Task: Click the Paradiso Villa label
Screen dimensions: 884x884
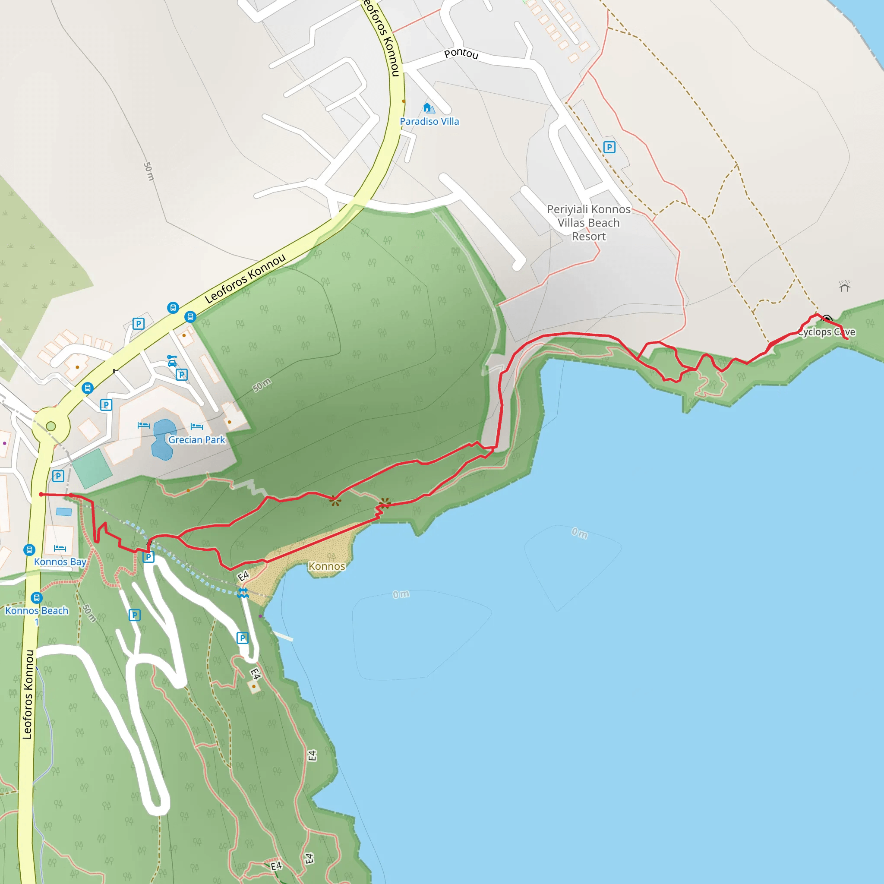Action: (429, 121)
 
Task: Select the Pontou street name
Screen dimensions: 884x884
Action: (461, 54)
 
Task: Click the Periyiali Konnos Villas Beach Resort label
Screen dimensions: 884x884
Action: (588, 222)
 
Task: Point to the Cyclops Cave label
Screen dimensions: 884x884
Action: (826, 332)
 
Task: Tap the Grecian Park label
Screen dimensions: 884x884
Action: (196, 440)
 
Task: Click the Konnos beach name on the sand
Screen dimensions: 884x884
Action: (326, 566)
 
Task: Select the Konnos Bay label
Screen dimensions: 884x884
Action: (60, 562)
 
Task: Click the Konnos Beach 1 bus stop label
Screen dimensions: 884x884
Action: (37, 611)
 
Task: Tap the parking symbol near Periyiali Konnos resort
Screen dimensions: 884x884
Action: (609, 147)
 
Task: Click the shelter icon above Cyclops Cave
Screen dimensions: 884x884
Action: (844, 286)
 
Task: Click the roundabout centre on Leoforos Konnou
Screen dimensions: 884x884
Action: (51, 426)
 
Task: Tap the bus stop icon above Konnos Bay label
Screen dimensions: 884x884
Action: (29, 549)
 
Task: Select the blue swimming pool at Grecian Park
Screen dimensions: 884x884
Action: (164, 439)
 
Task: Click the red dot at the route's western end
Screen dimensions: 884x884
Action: (41, 494)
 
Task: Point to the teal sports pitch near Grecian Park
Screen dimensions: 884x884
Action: (92, 468)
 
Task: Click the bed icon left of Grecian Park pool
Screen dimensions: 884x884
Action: (143, 425)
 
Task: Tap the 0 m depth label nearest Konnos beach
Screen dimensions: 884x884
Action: (401, 594)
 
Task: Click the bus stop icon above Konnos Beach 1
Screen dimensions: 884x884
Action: (37, 598)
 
